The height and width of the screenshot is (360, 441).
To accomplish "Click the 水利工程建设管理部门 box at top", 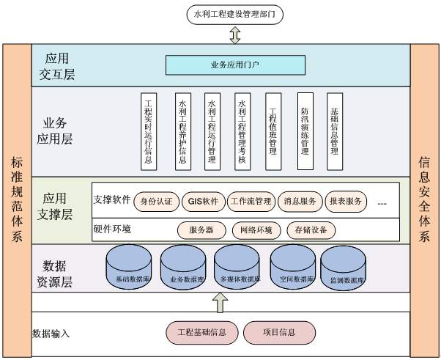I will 234,13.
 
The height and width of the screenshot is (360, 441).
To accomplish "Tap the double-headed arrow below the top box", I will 234,35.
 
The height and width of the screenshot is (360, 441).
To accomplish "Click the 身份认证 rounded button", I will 156,200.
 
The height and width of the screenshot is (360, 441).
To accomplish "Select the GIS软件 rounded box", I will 203,200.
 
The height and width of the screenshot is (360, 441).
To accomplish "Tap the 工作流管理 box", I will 251,200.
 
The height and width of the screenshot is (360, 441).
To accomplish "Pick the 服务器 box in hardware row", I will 201,229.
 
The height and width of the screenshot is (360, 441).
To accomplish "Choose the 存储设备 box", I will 311,229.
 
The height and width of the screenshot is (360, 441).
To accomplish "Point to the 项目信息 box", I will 278,332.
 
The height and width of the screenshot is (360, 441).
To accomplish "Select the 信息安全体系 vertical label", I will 424,198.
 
